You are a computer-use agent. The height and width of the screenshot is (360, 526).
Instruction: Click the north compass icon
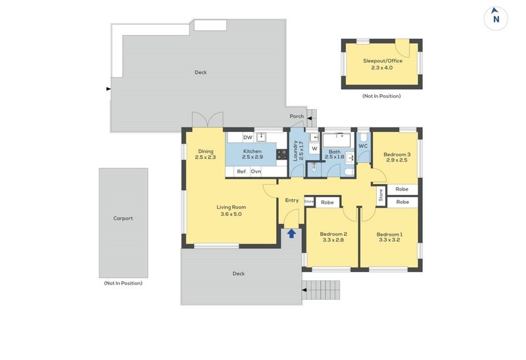496,18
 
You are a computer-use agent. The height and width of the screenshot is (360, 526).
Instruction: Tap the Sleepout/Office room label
383,64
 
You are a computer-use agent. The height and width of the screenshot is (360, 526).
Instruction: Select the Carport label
123,218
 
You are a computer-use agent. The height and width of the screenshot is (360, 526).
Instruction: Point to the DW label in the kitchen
248,137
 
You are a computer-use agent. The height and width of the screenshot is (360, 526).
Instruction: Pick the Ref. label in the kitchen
241,171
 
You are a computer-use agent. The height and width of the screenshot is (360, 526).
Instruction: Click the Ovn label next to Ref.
256,171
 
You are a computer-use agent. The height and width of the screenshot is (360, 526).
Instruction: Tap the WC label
363,146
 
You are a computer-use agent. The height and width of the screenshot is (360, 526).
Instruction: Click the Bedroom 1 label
389,237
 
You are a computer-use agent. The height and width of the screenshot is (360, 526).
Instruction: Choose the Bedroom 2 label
333,237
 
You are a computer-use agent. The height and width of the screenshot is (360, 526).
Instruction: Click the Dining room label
205,154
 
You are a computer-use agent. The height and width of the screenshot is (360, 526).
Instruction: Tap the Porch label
297,116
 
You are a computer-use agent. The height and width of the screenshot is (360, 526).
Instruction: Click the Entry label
292,200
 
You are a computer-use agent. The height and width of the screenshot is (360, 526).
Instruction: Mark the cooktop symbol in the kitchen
281,155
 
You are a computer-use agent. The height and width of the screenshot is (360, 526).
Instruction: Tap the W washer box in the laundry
314,149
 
